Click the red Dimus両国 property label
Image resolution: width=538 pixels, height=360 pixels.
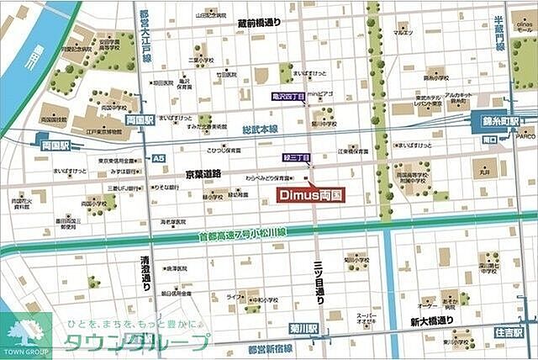(310, 193)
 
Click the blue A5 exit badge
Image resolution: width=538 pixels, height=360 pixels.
(159, 158)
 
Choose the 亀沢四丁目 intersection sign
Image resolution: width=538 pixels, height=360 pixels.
(288, 98)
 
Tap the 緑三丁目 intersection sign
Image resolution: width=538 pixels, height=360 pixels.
(296, 157)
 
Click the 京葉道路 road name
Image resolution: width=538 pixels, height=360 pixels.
(203, 172)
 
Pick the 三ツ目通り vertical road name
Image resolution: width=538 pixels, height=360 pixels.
(318, 278)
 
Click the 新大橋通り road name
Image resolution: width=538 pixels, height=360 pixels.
(432, 320)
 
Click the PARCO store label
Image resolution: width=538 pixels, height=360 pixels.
(525, 135)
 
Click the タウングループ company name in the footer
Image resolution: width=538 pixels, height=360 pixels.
(134, 341)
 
